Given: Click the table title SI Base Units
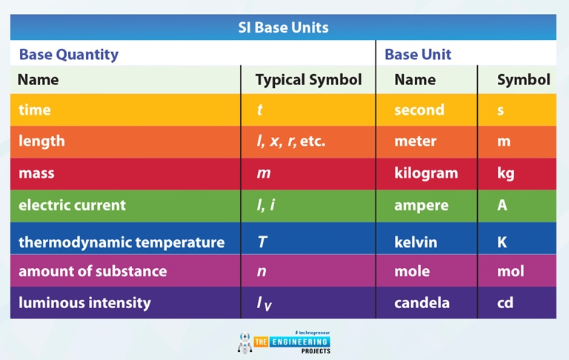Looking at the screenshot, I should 284,28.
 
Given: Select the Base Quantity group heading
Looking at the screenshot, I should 68,54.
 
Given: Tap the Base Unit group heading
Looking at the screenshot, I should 418,54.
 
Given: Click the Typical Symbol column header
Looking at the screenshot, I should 308,80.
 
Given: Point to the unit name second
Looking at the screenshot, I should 419,110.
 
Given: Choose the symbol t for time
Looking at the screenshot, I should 260,110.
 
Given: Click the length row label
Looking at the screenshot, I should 41,141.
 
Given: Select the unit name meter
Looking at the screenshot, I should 415,141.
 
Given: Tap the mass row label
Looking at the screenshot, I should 36,173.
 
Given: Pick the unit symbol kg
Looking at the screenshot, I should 505,173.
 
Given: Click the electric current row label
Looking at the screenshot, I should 72,205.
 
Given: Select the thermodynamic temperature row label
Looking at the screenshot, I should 121,242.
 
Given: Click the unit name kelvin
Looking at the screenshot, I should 415,242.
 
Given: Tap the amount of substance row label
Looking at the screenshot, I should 93,271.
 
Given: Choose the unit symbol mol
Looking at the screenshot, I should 510,271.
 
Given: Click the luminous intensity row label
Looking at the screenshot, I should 84,302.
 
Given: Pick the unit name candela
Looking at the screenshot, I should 422,302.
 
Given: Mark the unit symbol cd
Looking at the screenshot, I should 506,302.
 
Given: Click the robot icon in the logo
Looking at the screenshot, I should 244,342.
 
